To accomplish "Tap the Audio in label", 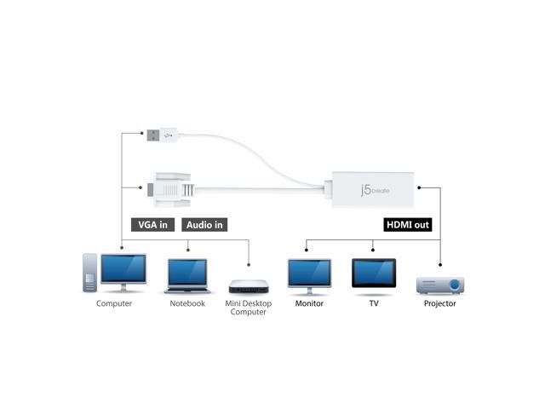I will click(204, 225).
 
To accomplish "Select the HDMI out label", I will click(408, 225).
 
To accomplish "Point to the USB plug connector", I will click(158, 134).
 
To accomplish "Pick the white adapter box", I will click(374, 189).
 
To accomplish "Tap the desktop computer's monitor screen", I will click(123, 269).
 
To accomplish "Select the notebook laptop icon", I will click(187, 275).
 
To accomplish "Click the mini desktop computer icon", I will click(248, 286).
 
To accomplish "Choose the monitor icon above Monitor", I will click(309, 274).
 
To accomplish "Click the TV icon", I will click(374, 274).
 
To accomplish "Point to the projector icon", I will click(439, 285).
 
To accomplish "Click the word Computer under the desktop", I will click(114, 303).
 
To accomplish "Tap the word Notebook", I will click(187, 303).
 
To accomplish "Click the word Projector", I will click(439, 303).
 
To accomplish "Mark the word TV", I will click(374, 303).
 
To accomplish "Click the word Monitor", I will click(309, 303).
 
